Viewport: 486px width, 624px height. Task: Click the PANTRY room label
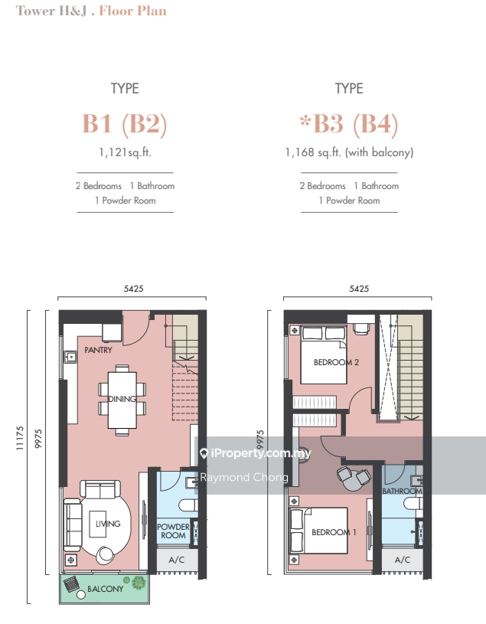(x=98, y=350)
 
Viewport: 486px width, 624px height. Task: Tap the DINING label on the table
(x=122, y=399)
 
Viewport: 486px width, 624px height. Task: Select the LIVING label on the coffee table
(x=108, y=524)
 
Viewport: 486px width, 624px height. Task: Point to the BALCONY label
(x=106, y=589)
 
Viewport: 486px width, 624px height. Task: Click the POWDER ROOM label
(x=174, y=531)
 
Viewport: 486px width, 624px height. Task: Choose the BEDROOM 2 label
(x=336, y=362)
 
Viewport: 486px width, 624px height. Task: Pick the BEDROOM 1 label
(x=334, y=532)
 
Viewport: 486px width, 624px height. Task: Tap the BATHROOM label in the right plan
(x=402, y=491)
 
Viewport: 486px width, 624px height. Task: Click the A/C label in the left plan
(x=177, y=560)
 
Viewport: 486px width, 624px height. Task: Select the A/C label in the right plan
(x=403, y=560)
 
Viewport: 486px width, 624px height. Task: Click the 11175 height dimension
(x=20, y=438)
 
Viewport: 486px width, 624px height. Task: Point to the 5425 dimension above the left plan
(x=134, y=289)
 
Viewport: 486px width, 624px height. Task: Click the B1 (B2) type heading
(x=125, y=124)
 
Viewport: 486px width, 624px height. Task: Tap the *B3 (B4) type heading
(x=349, y=124)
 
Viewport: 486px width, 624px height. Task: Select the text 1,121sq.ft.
(x=125, y=152)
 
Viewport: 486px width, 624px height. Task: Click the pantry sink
(x=70, y=357)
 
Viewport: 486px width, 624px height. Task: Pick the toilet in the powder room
(x=188, y=505)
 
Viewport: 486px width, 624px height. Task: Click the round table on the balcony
(x=81, y=595)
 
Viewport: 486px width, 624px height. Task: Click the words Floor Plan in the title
(x=133, y=11)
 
